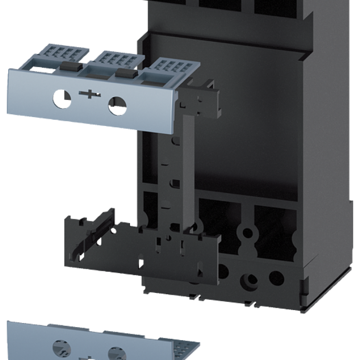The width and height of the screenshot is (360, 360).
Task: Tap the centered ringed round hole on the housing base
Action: tap(247, 276)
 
